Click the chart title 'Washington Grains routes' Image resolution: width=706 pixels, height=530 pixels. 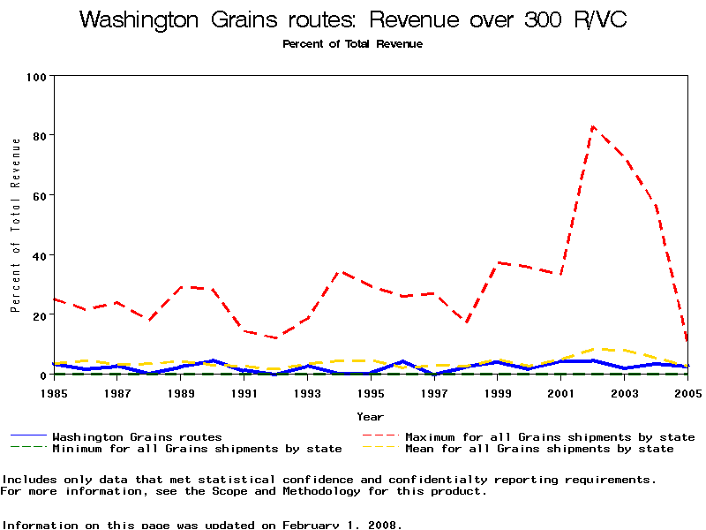click(353, 19)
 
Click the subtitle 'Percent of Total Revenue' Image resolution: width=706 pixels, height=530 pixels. click(353, 43)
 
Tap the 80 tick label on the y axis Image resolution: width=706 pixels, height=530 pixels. click(39, 136)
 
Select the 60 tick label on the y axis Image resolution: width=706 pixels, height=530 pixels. click(39, 195)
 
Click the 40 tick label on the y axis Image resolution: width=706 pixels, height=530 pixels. click(39, 255)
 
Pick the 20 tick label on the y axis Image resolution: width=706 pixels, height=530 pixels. click(39, 315)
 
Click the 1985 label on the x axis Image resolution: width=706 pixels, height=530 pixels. click(55, 392)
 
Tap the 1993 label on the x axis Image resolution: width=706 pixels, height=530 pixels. click(308, 392)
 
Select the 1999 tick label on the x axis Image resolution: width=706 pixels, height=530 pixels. click(498, 392)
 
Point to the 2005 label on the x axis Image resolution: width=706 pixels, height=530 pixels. click(687, 392)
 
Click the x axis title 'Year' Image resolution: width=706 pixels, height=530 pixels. click(370, 416)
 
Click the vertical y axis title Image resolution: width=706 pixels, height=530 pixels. click(15, 224)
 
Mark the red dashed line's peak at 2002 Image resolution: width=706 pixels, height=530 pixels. click(593, 126)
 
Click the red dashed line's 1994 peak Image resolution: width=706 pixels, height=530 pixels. click(341, 272)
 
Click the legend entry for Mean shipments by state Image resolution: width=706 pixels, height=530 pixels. click(538, 449)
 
